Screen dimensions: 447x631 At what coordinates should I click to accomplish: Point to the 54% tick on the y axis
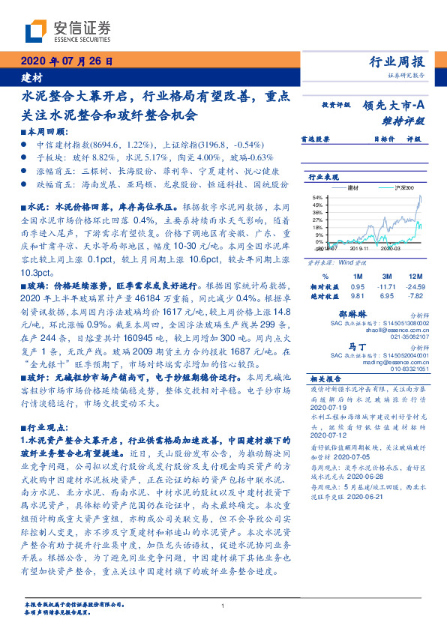(317, 197)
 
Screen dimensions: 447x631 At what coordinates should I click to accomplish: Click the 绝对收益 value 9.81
(358, 297)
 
